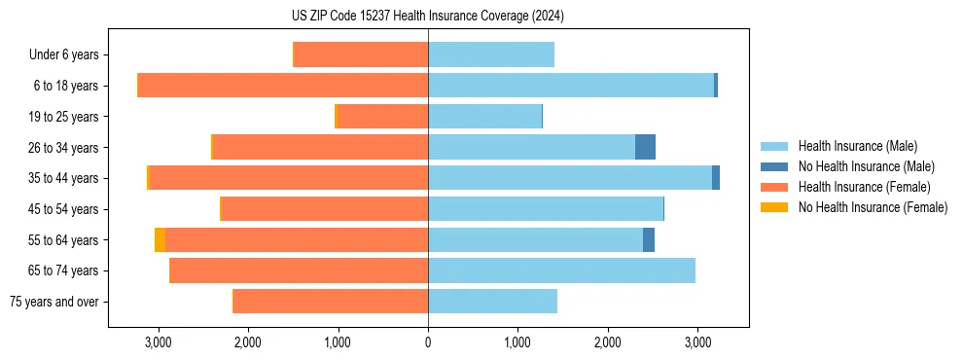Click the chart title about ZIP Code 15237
(427, 17)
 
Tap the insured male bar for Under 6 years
(490, 54)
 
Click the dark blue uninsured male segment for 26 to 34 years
(645, 147)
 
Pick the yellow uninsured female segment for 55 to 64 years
(160, 240)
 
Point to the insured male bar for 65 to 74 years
(561, 270)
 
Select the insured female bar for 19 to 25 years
(382, 117)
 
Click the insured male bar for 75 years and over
(492, 302)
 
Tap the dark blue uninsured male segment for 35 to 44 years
(716, 178)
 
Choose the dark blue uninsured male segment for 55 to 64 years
(649, 240)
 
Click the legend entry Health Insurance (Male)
(857, 147)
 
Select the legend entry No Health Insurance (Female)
(873, 207)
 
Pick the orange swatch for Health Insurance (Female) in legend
(774, 187)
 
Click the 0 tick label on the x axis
(428, 342)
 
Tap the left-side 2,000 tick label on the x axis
(247, 342)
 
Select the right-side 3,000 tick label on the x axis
(697, 342)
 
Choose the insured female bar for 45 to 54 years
(325, 209)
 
